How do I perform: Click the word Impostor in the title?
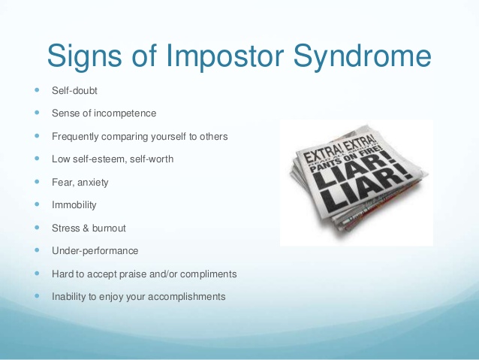(x=224, y=56)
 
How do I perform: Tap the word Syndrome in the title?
(x=362, y=56)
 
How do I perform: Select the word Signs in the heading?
(x=85, y=56)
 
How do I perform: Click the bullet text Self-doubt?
(x=74, y=90)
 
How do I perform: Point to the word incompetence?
(x=125, y=113)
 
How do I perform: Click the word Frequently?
(x=75, y=137)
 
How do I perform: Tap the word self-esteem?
(x=99, y=159)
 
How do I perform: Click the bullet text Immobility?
(x=74, y=205)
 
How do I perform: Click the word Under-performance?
(x=95, y=251)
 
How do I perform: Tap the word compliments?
(x=208, y=274)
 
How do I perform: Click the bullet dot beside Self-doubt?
(x=38, y=90)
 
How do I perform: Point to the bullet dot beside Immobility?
(x=38, y=204)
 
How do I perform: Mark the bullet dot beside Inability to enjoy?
(x=38, y=296)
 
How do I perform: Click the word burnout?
(x=109, y=228)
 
